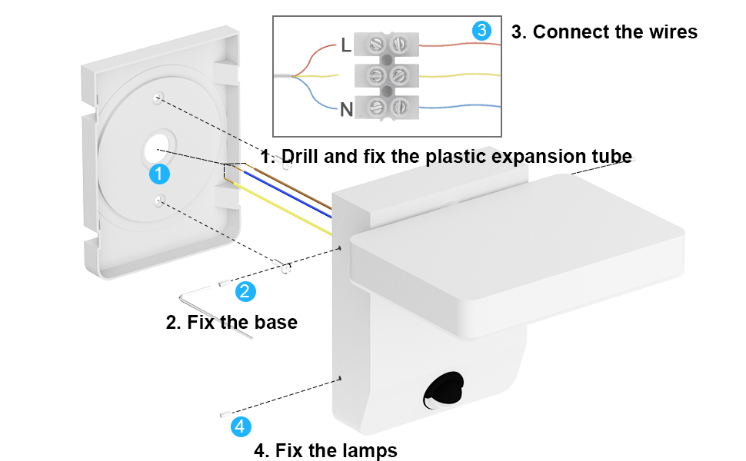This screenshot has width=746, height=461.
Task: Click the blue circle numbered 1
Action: click(x=158, y=174)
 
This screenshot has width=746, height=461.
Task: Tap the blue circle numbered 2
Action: click(x=245, y=291)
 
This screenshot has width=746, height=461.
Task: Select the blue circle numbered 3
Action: click(x=481, y=32)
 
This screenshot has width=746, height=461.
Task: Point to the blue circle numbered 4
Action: click(x=241, y=426)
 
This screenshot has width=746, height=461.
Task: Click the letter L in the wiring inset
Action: click(x=346, y=45)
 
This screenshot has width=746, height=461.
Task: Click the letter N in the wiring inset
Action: click(x=347, y=109)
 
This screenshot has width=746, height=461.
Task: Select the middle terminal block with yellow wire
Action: click(x=388, y=75)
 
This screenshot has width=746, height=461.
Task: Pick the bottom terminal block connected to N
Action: click(x=388, y=107)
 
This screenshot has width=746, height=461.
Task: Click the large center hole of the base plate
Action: click(x=158, y=149)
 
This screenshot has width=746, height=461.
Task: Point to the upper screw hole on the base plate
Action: click(x=158, y=98)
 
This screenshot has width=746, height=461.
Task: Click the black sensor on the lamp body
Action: click(x=444, y=389)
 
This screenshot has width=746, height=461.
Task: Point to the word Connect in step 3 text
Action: click(x=566, y=32)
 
